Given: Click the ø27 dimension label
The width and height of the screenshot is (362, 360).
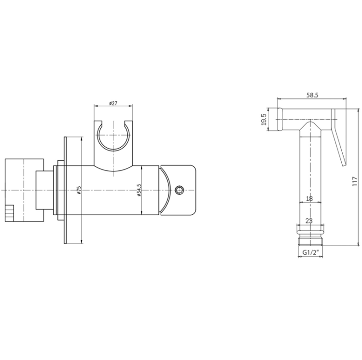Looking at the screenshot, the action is click(x=113, y=103).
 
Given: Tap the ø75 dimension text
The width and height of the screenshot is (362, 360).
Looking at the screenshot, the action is click(x=79, y=190).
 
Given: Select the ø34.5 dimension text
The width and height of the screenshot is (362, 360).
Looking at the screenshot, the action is click(x=139, y=190).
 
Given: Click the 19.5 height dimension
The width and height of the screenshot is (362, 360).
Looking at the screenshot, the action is click(x=264, y=120).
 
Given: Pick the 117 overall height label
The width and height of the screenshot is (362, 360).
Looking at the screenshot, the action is click(x=355, y=182).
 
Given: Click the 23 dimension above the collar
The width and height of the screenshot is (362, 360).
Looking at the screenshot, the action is click(x=309, y=221).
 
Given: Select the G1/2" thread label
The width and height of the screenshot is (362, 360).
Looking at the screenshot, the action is click(x=310, y=252).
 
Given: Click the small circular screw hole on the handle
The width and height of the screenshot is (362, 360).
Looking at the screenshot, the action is click(x=179, y=190).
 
